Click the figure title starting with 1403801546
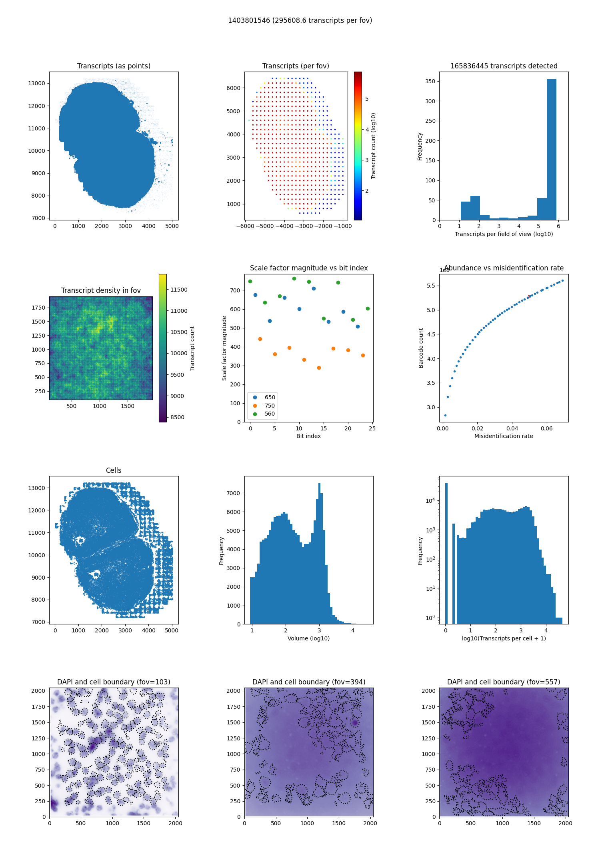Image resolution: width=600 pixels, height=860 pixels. pos(300,20)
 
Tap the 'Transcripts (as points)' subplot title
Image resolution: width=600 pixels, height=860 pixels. pos(114,66)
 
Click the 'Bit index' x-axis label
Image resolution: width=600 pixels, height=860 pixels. pos(308,436)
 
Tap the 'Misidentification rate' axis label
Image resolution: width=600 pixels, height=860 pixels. pos(504,436)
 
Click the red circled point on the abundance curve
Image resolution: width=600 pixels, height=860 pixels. pos(529,296)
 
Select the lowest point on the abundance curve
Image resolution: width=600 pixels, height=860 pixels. pos(445,415)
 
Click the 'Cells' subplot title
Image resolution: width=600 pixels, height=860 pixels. pos(114,470)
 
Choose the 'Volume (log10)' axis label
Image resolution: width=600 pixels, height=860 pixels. pos(308,638)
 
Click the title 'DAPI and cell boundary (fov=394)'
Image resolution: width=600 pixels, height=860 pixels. pos(309,682)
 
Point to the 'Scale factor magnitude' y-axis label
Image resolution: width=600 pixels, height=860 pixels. pos(224,348)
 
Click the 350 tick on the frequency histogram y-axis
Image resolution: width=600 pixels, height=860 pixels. pos(430,81)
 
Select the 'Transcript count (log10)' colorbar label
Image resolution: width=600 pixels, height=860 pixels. pos(373,146)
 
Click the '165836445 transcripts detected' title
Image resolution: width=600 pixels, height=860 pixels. pos(504,66)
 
